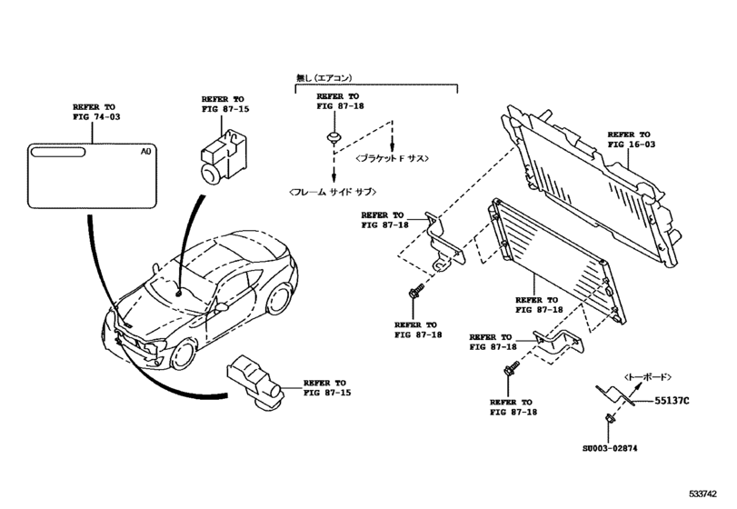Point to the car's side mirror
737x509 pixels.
pos(221,308)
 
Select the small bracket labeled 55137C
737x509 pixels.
pos(614,395)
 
